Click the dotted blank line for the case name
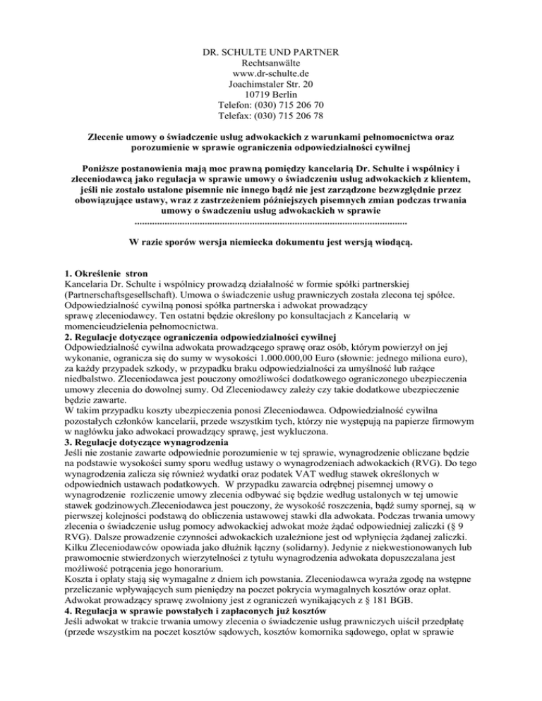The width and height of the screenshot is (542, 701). coord(270,221)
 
